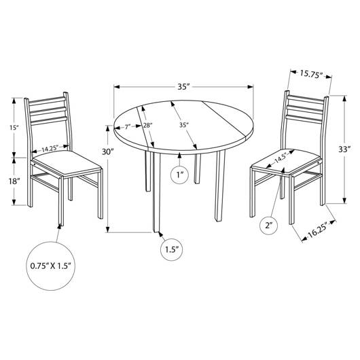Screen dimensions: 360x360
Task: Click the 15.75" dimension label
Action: pyautogui.click(x=312, y=75)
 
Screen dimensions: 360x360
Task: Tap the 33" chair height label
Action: pyautogui.click(x=344, y=149)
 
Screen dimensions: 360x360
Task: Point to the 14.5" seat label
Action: pyautogui.click(x=281, y=158)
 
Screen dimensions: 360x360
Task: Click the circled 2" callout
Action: pyautogui.click(x=268, y=226)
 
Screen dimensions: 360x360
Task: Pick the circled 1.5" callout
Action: pyautogui.click(x=171, y=249)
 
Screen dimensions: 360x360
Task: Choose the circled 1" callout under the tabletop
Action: pyautogui.click(x=179, y=175)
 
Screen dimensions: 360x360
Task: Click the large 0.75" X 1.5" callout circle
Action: pyautogui.click(x=51, y=266)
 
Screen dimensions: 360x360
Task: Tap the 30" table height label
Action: pyautogui.click(x=108, y=151)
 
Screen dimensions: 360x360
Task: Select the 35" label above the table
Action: pyautogui.click(x=183, y=86)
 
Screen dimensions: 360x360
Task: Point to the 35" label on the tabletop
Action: pyautogui.click(x=184, y=125)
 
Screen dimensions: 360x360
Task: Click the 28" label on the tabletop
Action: pyautogui.click(x=147, y=126)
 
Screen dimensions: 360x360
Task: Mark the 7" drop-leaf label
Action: pyautogui.click(x=128, y=126)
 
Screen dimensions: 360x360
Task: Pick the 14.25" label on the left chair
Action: pyautogui.click(x=50, y=149)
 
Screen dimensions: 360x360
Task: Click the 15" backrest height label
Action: pyautogui.click(x=14, y=128)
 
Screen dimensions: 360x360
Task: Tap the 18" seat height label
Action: pyautogui.click(x=14, y=181)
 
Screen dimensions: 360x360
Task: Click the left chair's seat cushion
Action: pyautogui.click(x=67, y=163)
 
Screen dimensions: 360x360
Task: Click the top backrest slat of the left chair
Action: pyautogui.click(x=47, y=100)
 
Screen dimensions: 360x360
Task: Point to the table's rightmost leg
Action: pyautogui.click(x=219, y=185)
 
